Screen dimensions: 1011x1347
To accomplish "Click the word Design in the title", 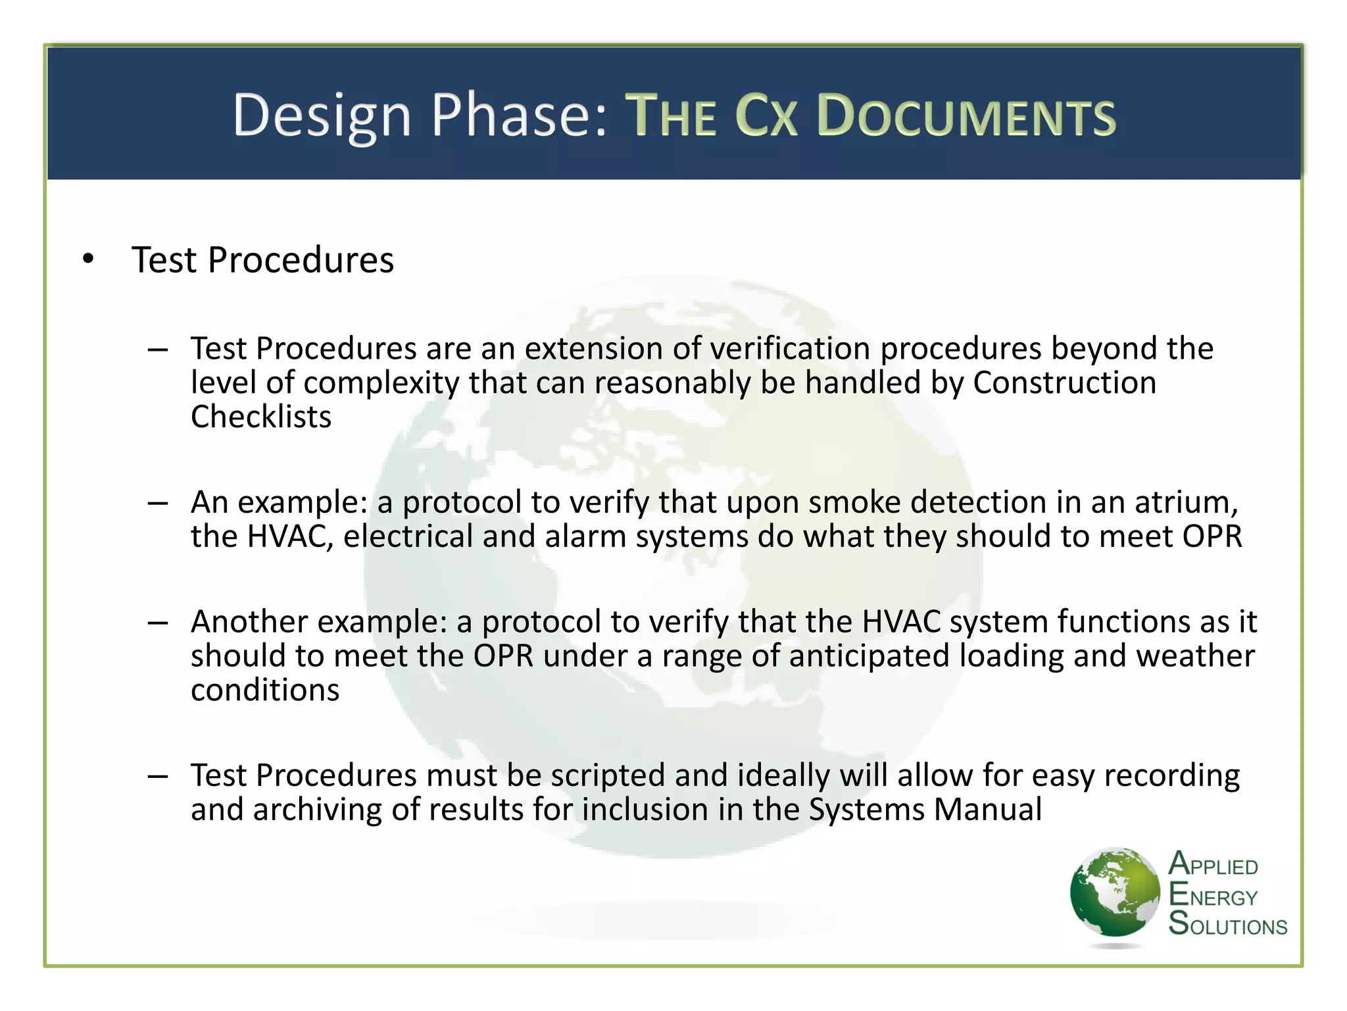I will (x=322, y=117).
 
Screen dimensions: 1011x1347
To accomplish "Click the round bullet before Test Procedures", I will (x=89, y=259).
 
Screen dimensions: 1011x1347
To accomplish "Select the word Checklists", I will (x=261, y=417).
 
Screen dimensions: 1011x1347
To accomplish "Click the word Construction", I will (x=1064, y=383).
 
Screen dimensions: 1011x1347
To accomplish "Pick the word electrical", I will (x=408, y=536).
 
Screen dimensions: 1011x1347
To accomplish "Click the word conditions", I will (x=265, y=690).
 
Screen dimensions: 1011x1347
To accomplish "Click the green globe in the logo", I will (x=1114, y=893).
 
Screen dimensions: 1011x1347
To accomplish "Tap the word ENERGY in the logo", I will (x=1213, y=896).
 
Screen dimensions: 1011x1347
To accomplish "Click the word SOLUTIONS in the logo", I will (x=1227, y=925).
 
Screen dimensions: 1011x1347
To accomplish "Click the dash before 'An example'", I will (x=158, y=504).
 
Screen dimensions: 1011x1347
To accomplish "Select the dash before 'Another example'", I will (x=158, y=623).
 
